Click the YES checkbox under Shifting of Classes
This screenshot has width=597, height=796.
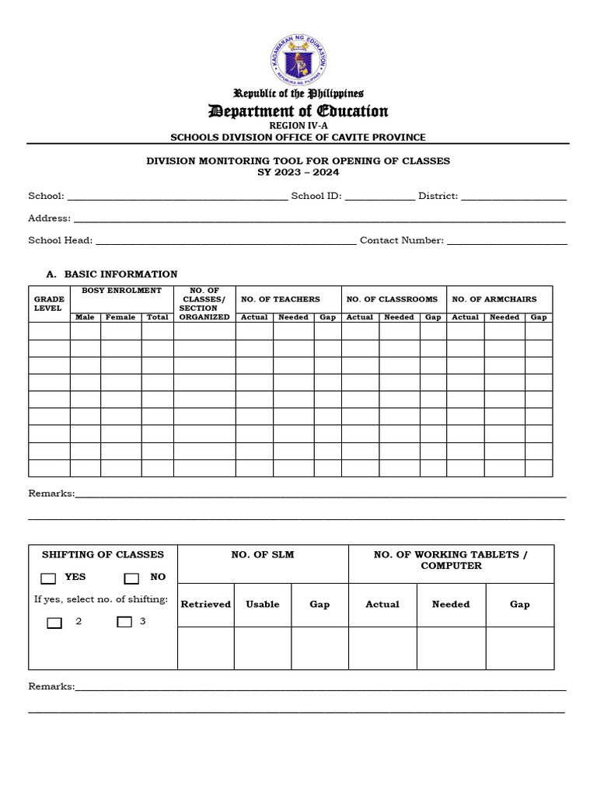[x=49, y=578]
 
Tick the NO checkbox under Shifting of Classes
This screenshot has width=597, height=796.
[x=131, y=578]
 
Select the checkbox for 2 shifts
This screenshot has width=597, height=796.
[x=54, y=623]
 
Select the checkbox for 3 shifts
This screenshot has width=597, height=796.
[x=124, y=622]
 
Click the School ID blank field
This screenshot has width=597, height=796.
[x=379, y=197]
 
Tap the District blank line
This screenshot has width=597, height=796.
[x=514, y=197]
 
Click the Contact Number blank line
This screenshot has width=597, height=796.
[x=507, y=241]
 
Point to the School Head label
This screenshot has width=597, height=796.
[x=61, y=240]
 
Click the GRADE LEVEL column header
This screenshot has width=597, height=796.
[x=47, y=303]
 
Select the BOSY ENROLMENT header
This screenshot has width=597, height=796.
[x=121, y=291]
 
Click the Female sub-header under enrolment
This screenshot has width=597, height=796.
[x=120, y=317]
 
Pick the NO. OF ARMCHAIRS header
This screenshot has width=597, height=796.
[x=494, y=299]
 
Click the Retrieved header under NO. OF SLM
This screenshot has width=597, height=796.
[x=206, y=604]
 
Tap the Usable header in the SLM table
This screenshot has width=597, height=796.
[x=263, y=604]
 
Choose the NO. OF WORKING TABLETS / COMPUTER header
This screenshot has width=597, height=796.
[x=451, y=560]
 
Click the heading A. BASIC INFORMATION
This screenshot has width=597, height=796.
[x=112, y=274]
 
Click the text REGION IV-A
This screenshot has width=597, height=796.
[x=298, y=125]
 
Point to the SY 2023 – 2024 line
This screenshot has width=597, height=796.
[x=298, y=173]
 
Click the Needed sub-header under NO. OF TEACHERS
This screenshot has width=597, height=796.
[x=293, y=317]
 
